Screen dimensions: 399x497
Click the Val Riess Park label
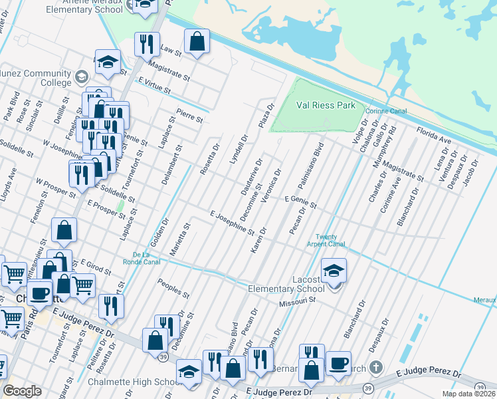(x=326, y=105)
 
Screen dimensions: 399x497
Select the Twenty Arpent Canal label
(x=330, y=241)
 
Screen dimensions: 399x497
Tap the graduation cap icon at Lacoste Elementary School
(x=334, y=269)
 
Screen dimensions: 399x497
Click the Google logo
(x=22, y=391)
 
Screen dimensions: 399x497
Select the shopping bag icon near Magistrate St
(x=197, y=42)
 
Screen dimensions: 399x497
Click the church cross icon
(x=376, y=367)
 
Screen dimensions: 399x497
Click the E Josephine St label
(x=232, y=223)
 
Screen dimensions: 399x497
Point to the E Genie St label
(x=300, y=202)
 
